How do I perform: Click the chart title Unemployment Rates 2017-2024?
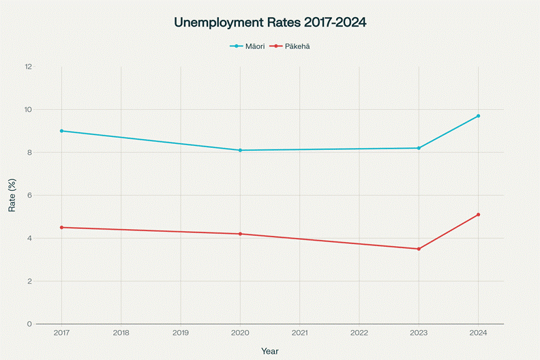click(x=270, y=22)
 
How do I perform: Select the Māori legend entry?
click(x=247, y=46)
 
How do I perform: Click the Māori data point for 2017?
click(x=61, y=131)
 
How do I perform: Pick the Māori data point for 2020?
click(x=240, y=150)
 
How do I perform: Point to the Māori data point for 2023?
click(x=419, y=148)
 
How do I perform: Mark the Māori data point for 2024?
click(x=478, y=116)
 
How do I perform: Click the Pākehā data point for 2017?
click(x=61, y=227)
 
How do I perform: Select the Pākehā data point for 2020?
click(x=240, y=234)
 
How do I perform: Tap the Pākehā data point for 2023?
click(x=419, y=249)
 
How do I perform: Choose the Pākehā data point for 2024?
click(x=478, y=215)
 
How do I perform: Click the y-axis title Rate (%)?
click(x=12, y=195)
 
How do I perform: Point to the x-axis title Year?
click(x=270, y=350)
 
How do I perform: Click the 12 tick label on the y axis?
click(x=28, y=67)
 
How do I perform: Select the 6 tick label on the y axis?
click(x=29, y=196)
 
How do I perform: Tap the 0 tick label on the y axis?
click(x=29, y=324)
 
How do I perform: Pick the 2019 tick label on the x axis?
click(x=181, y=333)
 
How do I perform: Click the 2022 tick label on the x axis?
click(x=359, y=333)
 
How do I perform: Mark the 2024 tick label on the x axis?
click(x=478, y=333)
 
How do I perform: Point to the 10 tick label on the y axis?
click(x=28, y=110)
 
